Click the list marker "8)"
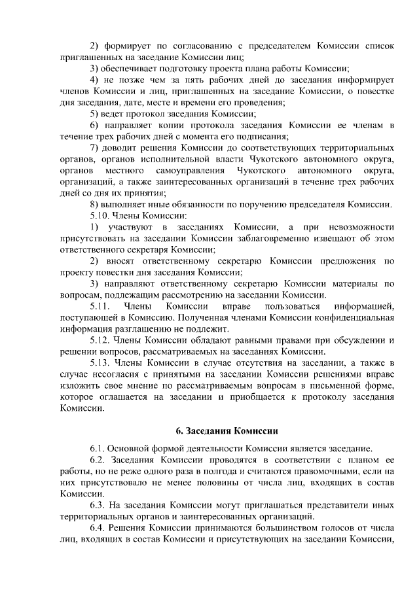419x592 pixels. (x=95, y=203)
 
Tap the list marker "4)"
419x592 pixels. (x=95, y=80)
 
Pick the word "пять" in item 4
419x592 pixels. (x=181, y=80)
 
